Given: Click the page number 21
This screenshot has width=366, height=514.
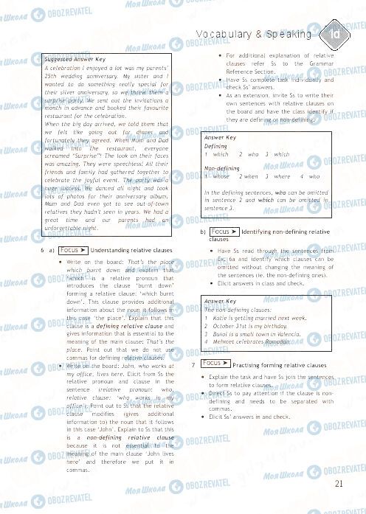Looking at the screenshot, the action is click(x=339, y=484).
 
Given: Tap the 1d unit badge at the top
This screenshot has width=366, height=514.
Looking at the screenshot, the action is click(x=334, y=34).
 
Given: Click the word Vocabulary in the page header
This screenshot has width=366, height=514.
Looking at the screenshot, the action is click(x=224, y=35).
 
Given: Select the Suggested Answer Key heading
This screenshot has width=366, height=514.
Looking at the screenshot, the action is click(x=75, y=58).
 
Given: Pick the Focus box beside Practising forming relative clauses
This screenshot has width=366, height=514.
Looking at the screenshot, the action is click(x=215, y=364).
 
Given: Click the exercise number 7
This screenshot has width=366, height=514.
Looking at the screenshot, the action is click(x=193, y=365).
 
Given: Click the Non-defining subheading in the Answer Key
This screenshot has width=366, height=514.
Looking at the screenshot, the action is click(x=221, y=169).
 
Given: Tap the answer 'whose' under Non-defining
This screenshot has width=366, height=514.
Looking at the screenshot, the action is click(x=220, y=177).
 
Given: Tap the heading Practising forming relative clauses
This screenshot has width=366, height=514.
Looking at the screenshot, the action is click(x=279, y=366).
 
